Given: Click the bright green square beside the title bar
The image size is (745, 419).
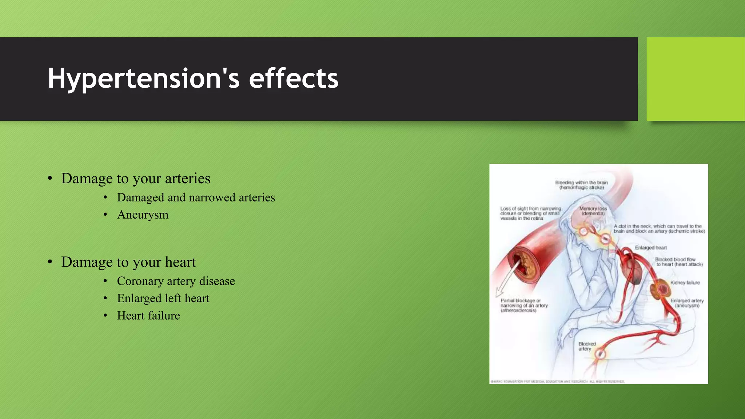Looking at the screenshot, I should (695, 79).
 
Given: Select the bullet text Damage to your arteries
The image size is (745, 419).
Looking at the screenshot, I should (136, 179).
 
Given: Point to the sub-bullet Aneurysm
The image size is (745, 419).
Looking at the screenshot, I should (143, 215).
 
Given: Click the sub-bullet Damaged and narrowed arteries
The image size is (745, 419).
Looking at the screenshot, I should (196, 197).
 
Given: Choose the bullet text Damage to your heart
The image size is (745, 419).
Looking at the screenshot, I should (128, 262).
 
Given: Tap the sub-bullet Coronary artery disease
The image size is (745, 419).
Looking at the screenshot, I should (176, 281).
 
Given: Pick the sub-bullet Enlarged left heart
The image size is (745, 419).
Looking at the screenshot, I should (163, 298).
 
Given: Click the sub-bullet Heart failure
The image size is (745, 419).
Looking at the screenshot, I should (148, 316).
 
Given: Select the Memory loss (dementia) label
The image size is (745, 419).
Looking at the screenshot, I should (593, 211).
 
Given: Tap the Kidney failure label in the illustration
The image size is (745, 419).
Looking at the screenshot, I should (685, 283).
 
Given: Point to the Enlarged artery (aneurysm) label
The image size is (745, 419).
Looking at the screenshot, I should (687, 303).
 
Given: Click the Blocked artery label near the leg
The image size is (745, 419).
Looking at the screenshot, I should (587, 346).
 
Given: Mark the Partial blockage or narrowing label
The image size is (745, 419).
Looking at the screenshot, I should (524, 306).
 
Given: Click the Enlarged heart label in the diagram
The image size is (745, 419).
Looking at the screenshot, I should (651, 248).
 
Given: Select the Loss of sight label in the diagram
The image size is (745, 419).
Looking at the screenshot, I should (530, 214).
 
